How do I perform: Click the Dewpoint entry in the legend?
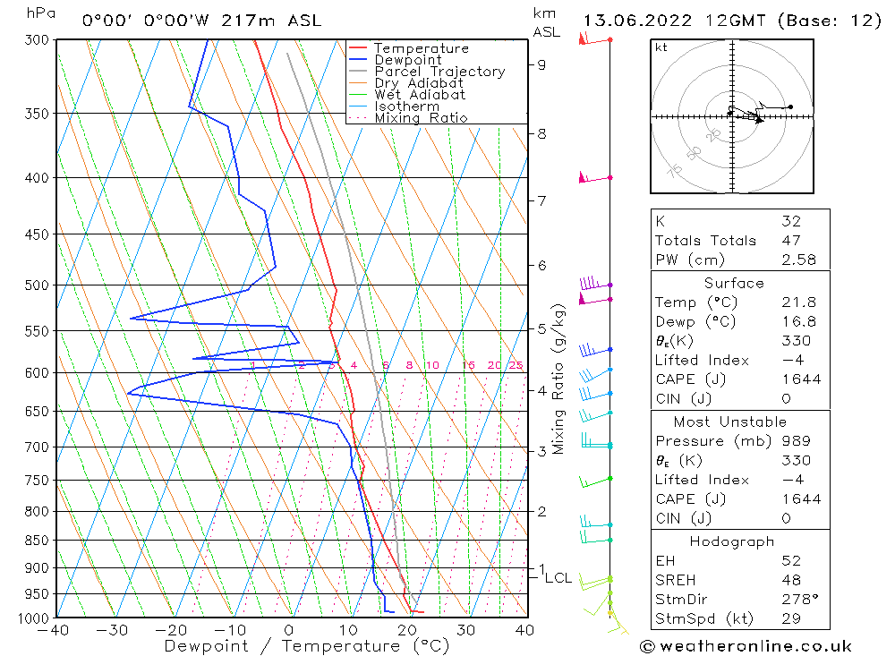pyautogui.click(x=408, y=60)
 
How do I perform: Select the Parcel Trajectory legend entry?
pyautogui.click(x=439, y=72)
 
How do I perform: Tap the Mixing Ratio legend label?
pyautogui.click(x=421, y=118)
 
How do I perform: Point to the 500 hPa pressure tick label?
pyautogui.click(x=37, y=285)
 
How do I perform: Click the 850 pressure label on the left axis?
pyautogui.click(x=37, y=541)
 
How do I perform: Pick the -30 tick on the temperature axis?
pyautogui.click(x=114, y=630)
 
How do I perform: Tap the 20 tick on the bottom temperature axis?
pyautogui.click(x=407, y=630)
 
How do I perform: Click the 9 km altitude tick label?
pyautogui.click(x=542, y=64)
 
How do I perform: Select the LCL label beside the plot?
pyautogui.click(x=558, y=578)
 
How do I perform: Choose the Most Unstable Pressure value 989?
pyautogui.click(x=795, y=441)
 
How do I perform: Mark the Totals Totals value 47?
pyautogui.click(x=789, y=240)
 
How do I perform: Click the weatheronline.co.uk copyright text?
pyautogui.click(x=746, y=646)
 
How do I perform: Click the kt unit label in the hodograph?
pyautogui.click(x=661, y=47)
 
